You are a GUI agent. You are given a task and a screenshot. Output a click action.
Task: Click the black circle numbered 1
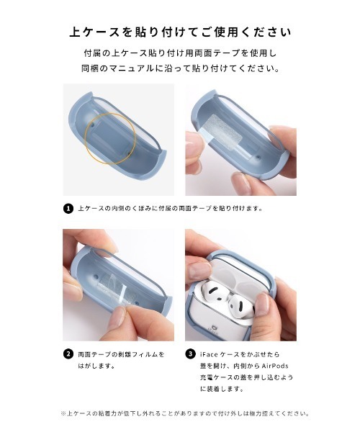[x=68, y=209]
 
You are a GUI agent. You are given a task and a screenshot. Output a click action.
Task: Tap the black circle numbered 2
[x=68, y=354]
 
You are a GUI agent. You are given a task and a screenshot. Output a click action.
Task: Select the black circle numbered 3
[x=191, y=354]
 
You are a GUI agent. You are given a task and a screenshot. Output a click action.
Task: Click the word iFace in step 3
[x=210, y=354]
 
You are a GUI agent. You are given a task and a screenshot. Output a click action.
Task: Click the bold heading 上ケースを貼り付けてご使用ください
[x=180, y=32]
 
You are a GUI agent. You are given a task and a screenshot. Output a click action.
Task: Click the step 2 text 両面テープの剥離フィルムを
[x=121, y=354]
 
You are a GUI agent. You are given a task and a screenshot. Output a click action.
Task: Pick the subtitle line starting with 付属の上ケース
[x=180, y=55]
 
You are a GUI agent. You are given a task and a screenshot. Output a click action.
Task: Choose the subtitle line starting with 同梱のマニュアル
[x=180, y=70]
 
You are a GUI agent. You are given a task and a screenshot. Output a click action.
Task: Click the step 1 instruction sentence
[x=170, y=209]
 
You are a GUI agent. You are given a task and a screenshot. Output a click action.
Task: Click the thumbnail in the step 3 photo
[x=204, y=272]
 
